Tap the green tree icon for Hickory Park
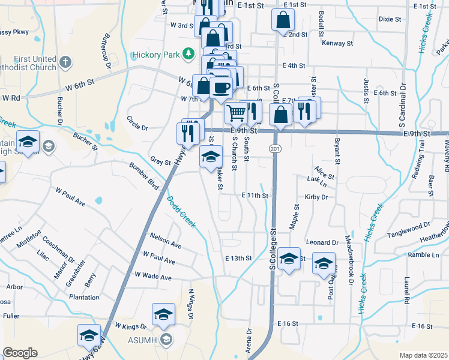click(x=188, y=55)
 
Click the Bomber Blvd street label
click(x=143, y=173)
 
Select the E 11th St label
click(x=255, y=196)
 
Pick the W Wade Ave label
click(x=153, y=277)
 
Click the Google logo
click(x=20, y=353)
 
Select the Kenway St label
click(x=337, y=43)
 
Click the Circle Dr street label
click(x=137, y=127)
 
